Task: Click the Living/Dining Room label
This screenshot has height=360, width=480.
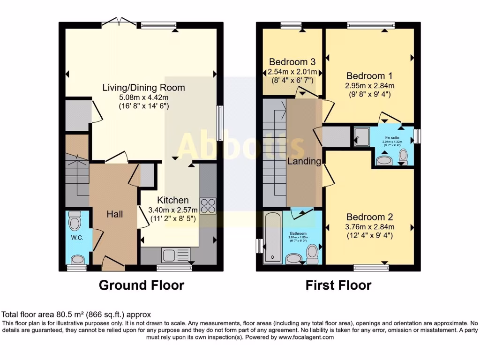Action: (144, 87)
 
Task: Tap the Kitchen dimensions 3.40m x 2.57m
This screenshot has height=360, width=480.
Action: (172, 210)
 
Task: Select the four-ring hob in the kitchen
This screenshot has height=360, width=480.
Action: (208, 206)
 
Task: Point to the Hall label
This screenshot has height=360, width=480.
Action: (115, 214)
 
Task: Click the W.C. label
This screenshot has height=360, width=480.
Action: (77, 238)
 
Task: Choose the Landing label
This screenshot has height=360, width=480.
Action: (305, 162)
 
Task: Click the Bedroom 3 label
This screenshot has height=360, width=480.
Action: (292, 62)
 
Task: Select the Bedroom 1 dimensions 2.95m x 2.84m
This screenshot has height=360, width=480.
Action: (369, 86)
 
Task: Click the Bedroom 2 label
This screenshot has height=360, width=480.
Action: (369, 217)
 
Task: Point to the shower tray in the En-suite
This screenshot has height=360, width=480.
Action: (361, 136)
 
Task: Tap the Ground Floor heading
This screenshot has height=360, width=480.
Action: (141, 285)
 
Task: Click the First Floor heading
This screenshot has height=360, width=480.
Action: (338, 285)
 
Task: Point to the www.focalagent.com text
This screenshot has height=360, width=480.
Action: (306, 337)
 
